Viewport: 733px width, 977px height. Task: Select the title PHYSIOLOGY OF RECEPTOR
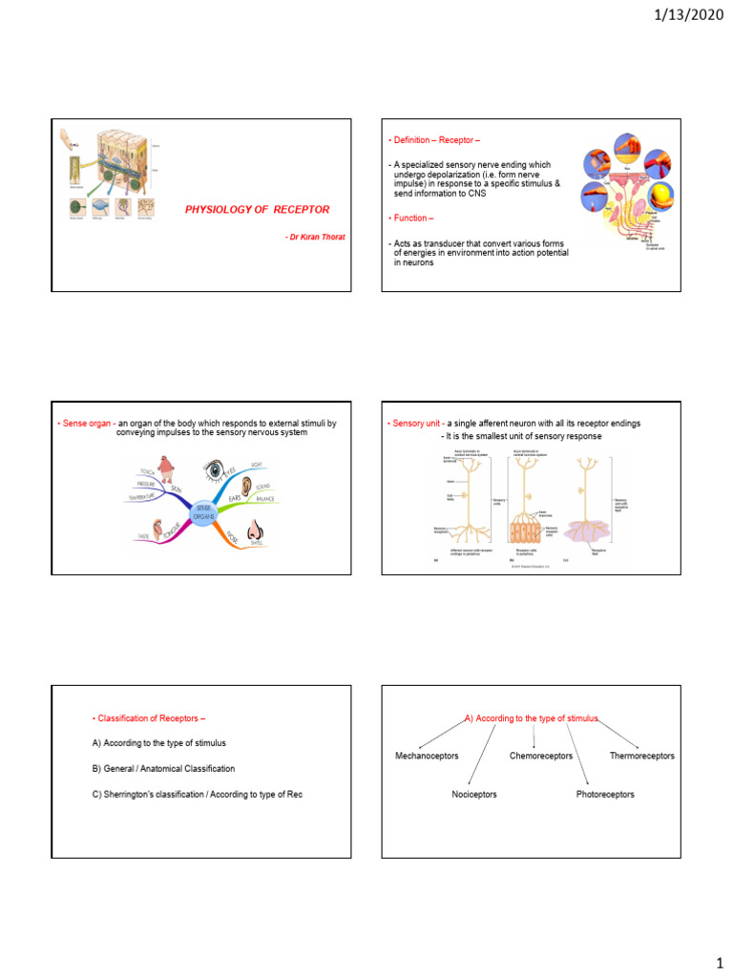pyautogui.click(x=258, y=208)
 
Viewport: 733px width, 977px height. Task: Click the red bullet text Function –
pyautogui.click(x=412, y=218)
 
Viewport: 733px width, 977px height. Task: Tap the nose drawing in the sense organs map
pyautogui.click(x=254, y=531)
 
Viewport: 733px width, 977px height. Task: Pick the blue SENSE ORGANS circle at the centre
pyautogui.click(x=204, y=513)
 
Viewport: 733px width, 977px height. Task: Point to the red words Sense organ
pyautogui.click(x=89, y=424)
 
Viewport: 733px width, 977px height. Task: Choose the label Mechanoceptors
pyautogui.click(x=427, y=756)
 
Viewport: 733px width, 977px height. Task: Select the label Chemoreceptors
pyautogui.click(x=541, y=756)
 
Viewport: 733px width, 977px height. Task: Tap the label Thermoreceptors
pyautogui.click(x=641, y=756)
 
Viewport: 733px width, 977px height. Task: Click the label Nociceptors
pyautogui.click(x=474, y=794)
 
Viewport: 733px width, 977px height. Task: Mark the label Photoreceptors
pyautogui.click(x=605, y=794)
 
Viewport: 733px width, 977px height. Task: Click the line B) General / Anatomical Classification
pyautogui.click(x=163, y=768)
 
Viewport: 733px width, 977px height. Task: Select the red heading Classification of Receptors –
pyautogui.click(x=149, y=717)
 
